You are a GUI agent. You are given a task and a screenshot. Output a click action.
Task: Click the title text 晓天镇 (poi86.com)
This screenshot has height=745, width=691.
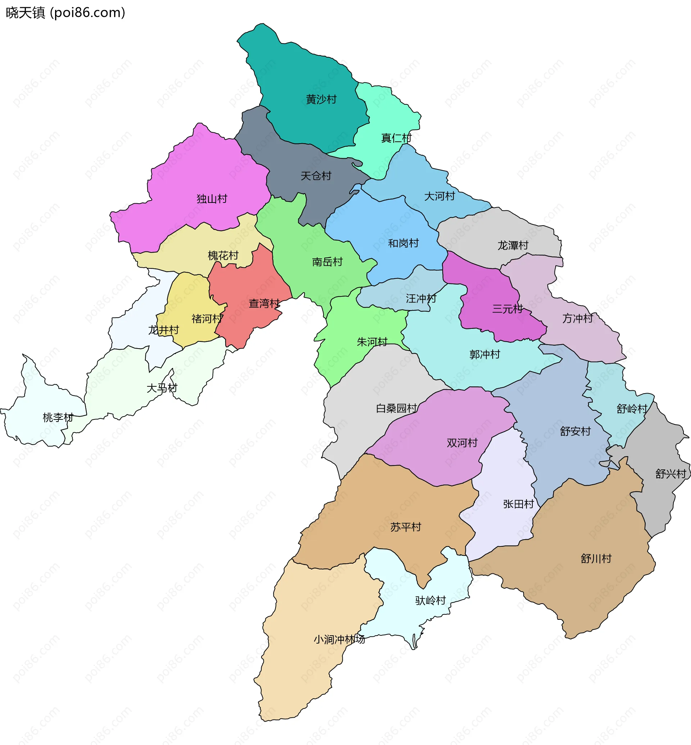pyautogui.click(x=66, y=13)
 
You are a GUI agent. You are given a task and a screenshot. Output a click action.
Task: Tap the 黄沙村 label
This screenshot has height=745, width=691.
pyautogui.click(x=321, y=99)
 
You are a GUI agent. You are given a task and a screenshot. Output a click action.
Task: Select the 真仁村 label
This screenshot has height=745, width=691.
pyautogui.click(x=396, y=138)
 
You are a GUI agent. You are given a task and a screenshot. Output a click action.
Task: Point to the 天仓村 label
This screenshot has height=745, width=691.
pyautogui.click(x=316, y=176)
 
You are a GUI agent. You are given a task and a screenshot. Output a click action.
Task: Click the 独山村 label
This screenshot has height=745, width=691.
pyautogui.click(x=212, y=199)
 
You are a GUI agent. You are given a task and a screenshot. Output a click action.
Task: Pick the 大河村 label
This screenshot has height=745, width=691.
pyautogui.click(x=439, y=196)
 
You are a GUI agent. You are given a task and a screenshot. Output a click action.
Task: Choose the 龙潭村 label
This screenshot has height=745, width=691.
pyautogui.click(x=512, y=246)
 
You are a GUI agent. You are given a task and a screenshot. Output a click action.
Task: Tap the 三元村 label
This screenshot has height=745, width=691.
pyautogui.click(x=507, y=309)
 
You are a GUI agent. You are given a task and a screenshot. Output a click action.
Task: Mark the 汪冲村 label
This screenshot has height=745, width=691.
pyautogui.click(x=421, y=298)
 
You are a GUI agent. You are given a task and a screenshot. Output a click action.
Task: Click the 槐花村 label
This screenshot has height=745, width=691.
pyautogui.click(x=223, y=256)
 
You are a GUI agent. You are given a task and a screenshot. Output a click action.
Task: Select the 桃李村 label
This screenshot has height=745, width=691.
pyautogui.click(x=58, y=418)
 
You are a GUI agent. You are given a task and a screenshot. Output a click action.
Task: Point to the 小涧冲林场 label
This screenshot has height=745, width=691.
pyautogui.click(x=339, y=640)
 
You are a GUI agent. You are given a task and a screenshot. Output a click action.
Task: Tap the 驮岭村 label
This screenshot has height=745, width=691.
pyautogui.click(x=430, y=600)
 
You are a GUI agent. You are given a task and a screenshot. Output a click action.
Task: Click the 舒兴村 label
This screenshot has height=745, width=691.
pyautogui.click(x=670, y=474)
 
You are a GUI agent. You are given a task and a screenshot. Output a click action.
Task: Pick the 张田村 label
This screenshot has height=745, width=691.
pyautogui.click(x=518, y=504)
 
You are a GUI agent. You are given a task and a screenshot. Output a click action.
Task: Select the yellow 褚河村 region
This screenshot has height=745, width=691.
pyautogui.click(x=187, y=299)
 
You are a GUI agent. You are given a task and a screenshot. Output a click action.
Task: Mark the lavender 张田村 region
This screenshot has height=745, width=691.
pyautogui.click(x=505, y=531)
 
